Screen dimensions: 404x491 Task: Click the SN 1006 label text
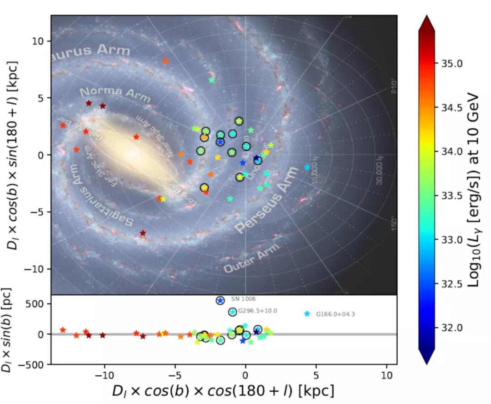(243, 299)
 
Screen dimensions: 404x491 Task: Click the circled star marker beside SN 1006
(220, 301)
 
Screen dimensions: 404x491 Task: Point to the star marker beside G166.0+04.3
(307, 314)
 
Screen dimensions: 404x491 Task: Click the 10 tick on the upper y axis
(37, 41)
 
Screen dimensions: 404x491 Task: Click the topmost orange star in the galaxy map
(165, 61)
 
